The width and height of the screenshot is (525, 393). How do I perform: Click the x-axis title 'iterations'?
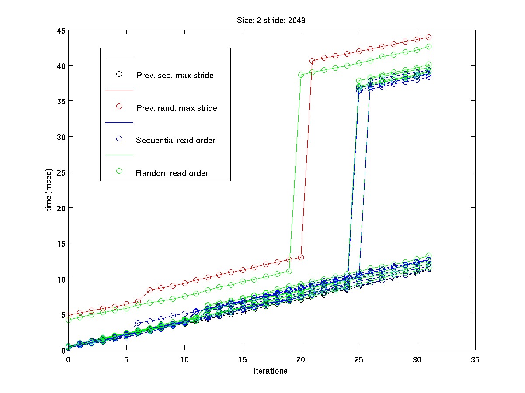click(271, 371)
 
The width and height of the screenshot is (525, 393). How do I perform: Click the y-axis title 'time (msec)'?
click(49, 190)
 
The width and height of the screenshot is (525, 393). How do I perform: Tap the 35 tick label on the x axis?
click(475, 359)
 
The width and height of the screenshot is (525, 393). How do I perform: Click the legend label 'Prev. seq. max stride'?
click(175, 75)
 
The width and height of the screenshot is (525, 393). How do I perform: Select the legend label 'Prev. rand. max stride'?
click(177, 108)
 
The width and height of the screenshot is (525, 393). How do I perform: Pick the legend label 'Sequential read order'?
click(176, 140)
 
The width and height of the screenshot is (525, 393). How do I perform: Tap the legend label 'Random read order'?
click(172, 173)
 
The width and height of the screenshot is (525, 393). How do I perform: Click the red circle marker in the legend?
click(118, 107)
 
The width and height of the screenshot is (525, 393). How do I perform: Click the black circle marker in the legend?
click(118, 74)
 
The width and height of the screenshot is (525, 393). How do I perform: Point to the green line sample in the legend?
click(118, 155)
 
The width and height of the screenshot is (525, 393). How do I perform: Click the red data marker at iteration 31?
click(429, 38)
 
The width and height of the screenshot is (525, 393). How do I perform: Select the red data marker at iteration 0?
click(68, 315)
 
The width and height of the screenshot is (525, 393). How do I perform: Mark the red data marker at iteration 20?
click(301, 257)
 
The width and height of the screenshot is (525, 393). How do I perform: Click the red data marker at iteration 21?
click(313, 61)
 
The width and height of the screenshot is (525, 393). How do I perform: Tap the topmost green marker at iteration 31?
click(429, 46)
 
